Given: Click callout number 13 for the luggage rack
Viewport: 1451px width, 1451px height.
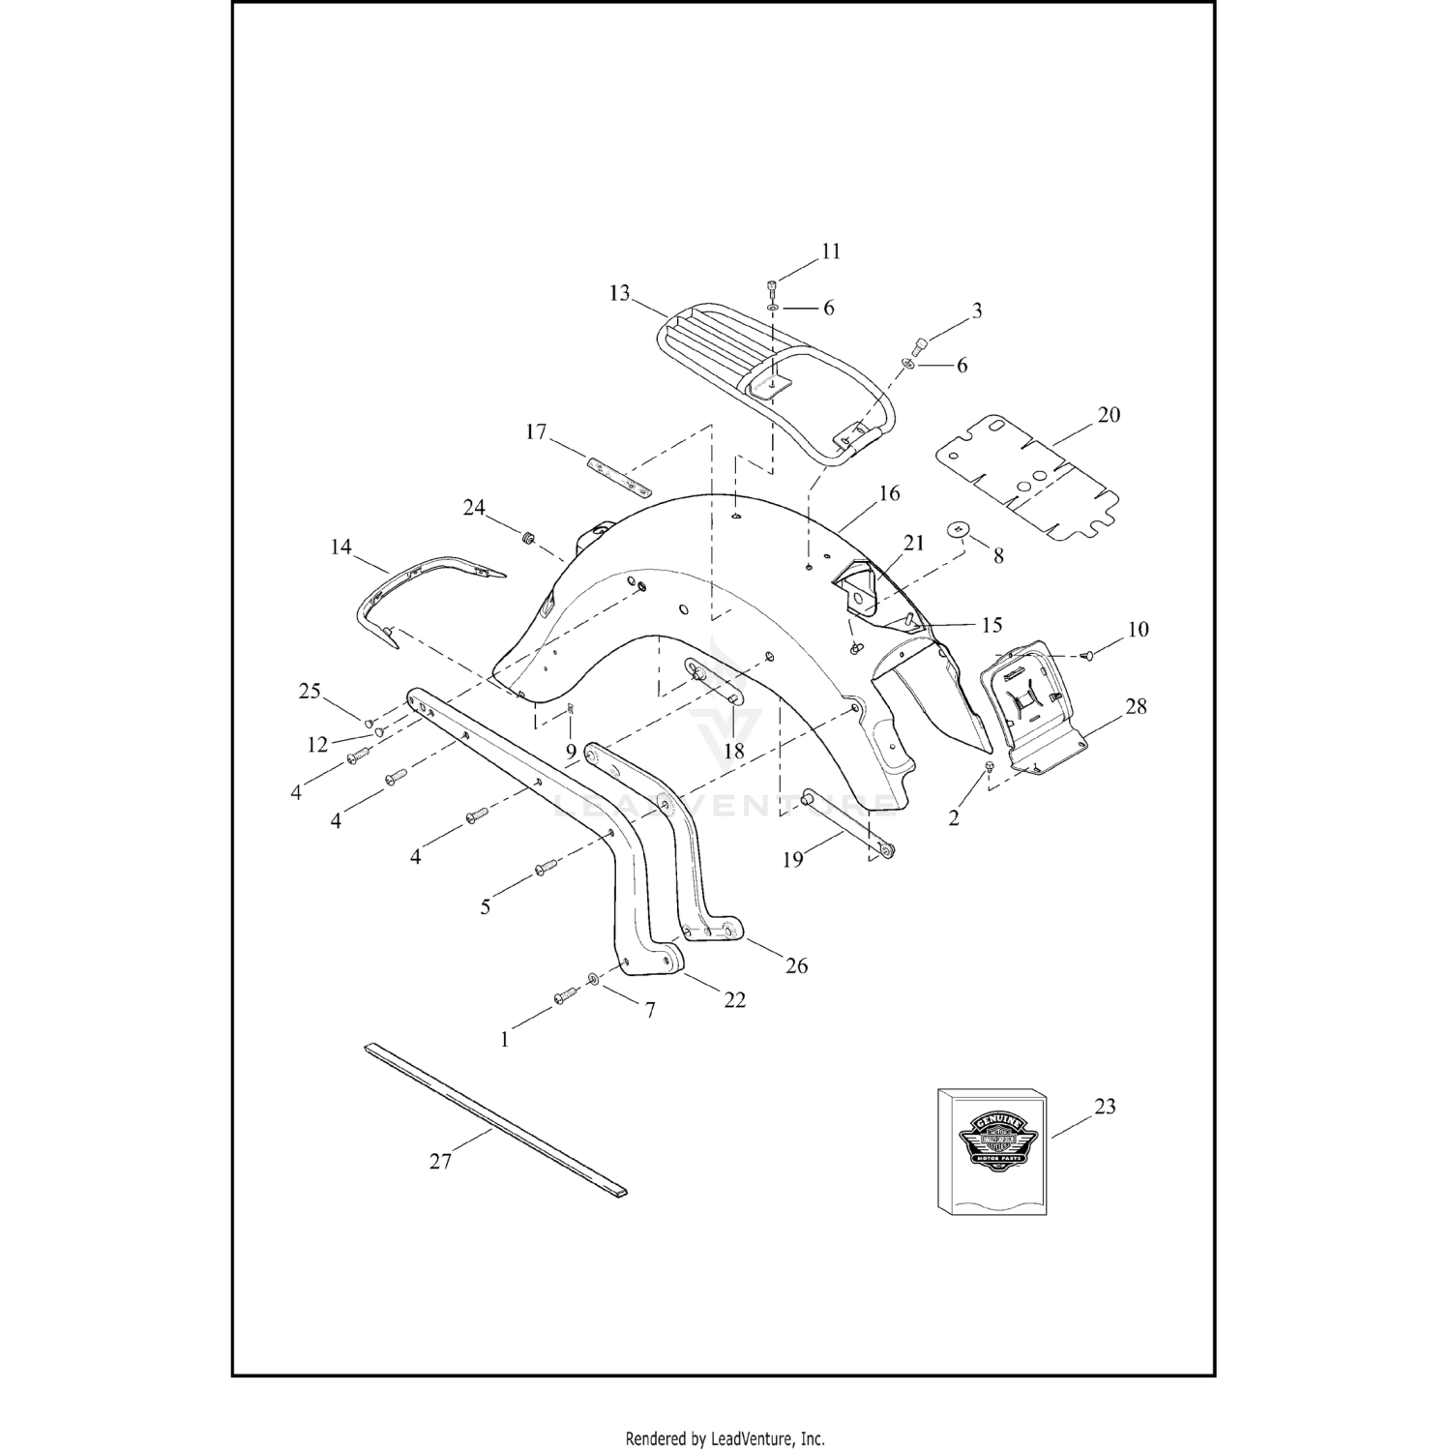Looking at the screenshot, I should (x=619, y=292).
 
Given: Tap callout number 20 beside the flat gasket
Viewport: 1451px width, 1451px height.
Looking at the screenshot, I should (x=1109, y=415).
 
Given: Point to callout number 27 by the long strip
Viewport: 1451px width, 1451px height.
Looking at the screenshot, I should (x=440, y=1160).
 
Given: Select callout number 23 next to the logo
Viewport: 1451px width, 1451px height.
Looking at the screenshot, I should (x=1105, y=1106).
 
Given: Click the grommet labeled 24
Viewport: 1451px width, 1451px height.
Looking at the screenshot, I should (x=529, y=537).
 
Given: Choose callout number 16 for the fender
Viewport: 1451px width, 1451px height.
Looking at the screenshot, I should (x=889, y=493).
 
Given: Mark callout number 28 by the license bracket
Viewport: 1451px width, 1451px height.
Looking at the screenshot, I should (x=1137, y=706).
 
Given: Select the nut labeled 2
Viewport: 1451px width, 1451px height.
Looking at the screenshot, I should (x=988, y=766).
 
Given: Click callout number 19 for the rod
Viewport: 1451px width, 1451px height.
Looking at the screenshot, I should (x=792, y=858).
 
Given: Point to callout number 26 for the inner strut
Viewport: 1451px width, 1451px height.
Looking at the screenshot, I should (x=796, y=965).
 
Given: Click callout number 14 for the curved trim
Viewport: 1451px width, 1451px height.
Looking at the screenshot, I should (x=341, y=548).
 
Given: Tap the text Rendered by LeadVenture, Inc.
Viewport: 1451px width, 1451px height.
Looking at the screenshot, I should (x=725, y=1438).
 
